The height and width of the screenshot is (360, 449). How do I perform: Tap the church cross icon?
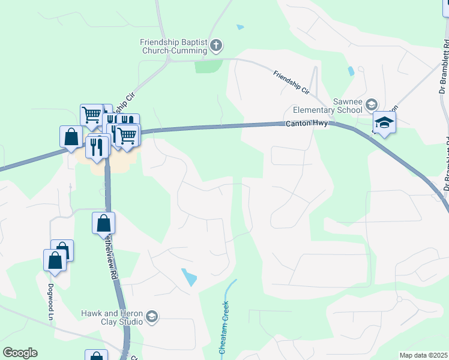tap(217, 44)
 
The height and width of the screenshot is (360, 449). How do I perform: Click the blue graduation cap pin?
tap(384, 123)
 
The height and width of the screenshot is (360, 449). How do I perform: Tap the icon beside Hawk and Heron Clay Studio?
tap(152, 317)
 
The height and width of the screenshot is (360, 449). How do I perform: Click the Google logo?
tap(20, 353)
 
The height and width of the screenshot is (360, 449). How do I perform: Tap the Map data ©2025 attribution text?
tap(424, 355)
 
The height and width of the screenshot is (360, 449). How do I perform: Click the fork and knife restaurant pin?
tap(97, 146)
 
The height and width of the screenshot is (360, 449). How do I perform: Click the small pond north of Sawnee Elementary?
tap(351, 71)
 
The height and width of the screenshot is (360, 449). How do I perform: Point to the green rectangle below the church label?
tap(208, 65)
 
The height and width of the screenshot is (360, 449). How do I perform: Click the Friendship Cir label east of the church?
tap(291, 83)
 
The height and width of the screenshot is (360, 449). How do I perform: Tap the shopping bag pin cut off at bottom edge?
tap(96, 356)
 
